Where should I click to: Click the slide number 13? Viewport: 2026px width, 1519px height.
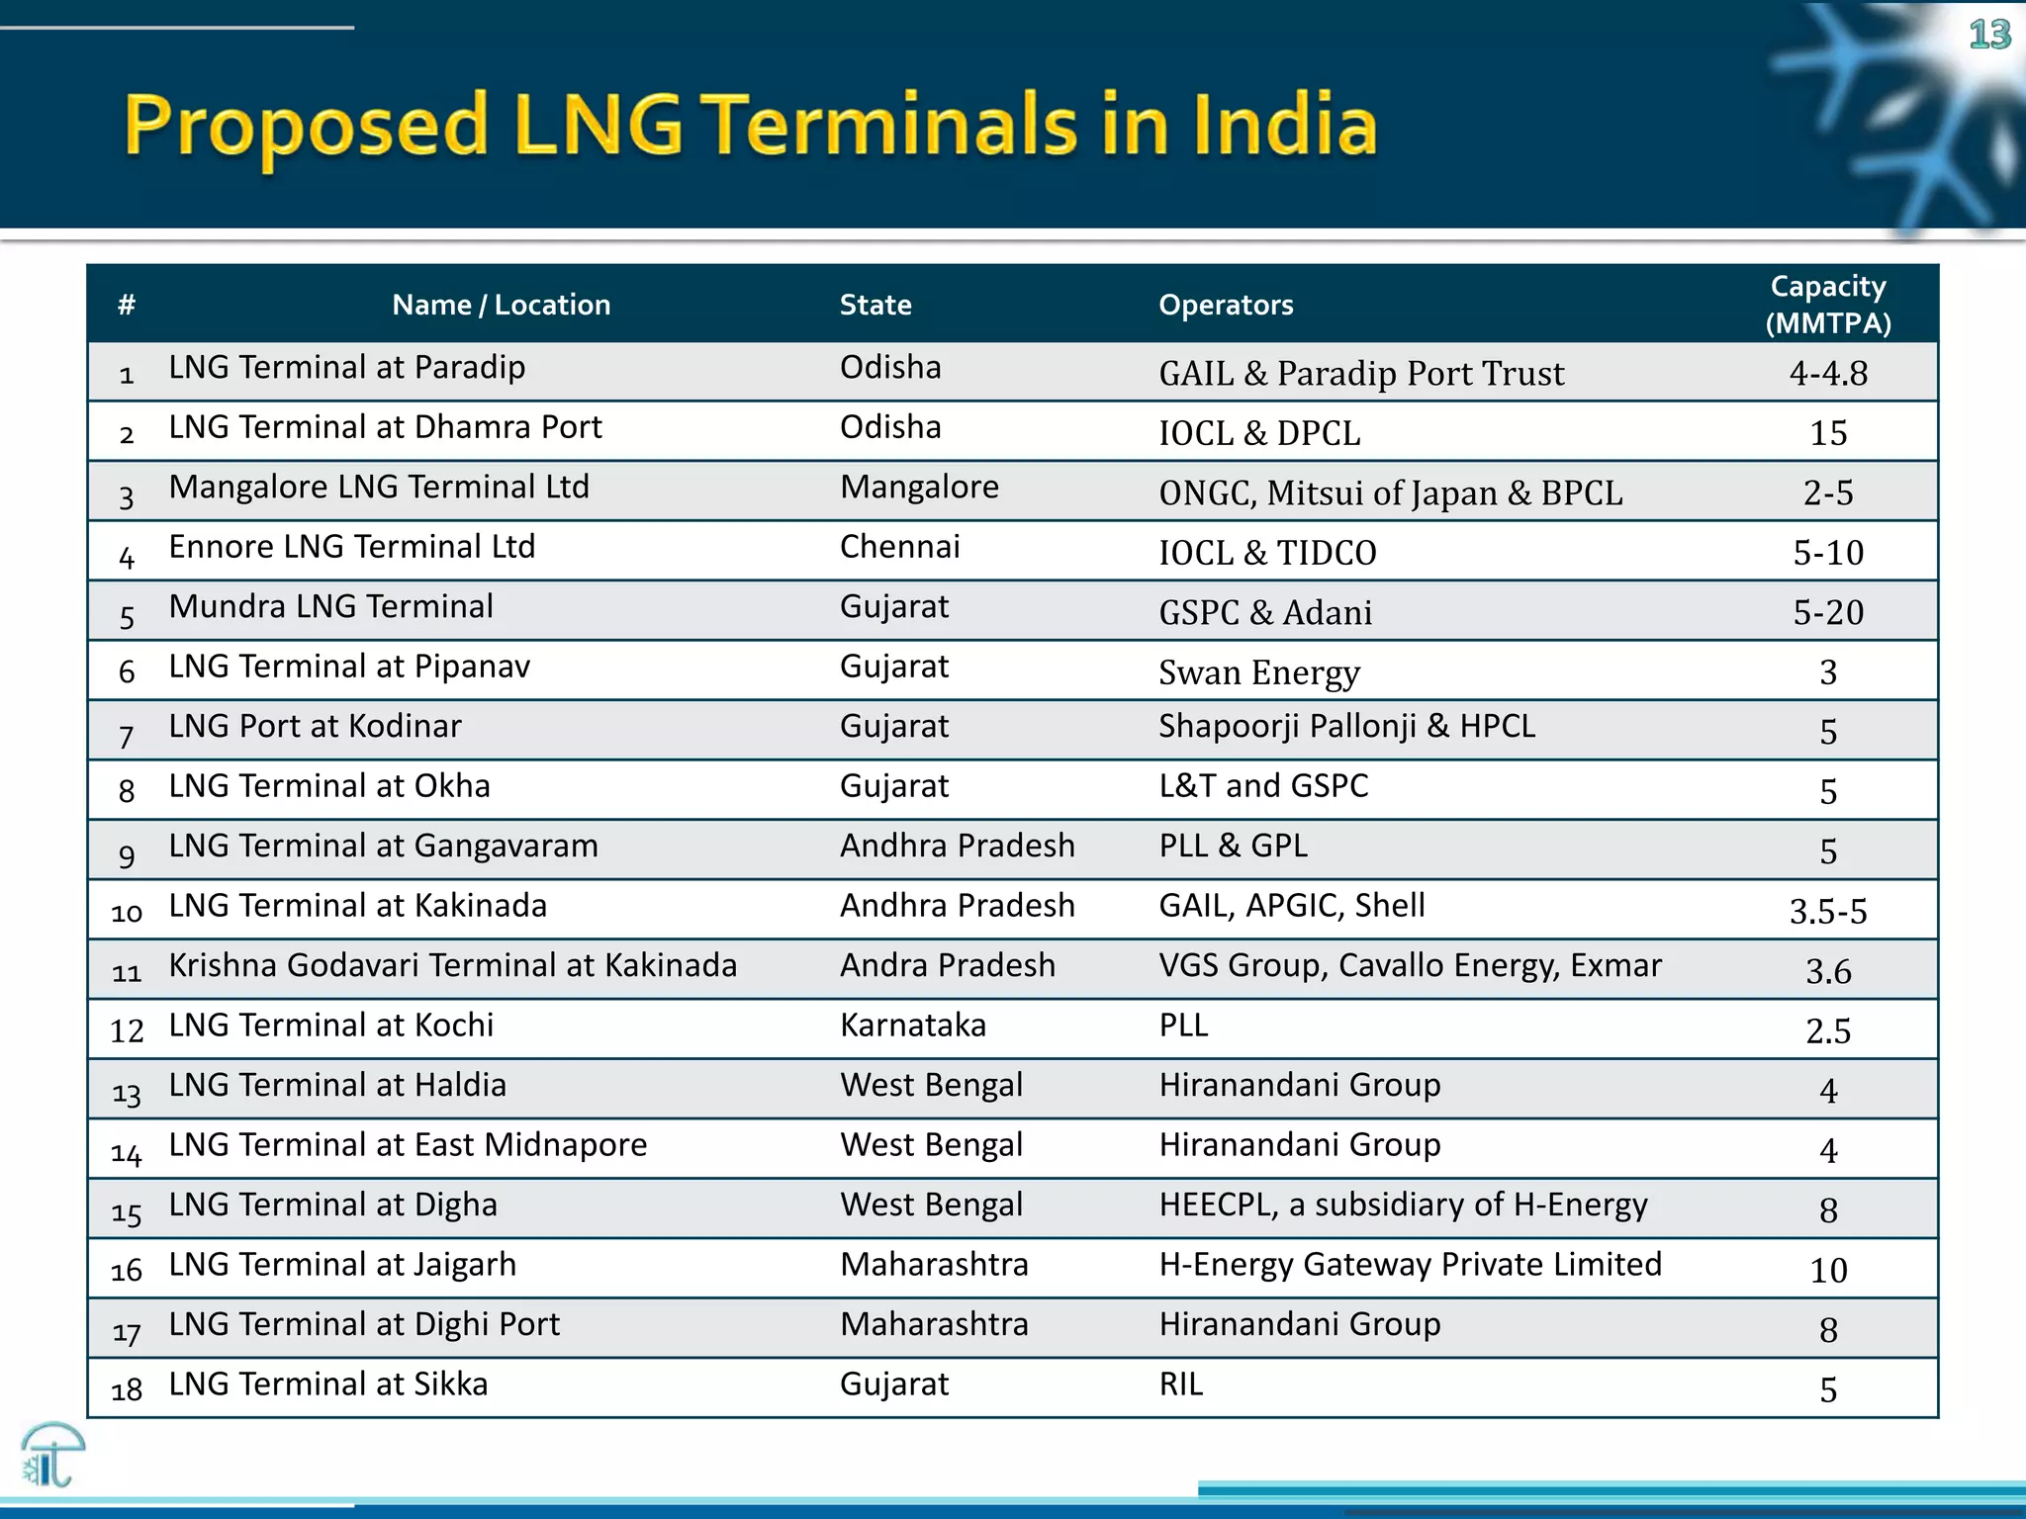[1989, 36]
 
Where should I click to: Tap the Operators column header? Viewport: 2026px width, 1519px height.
[1225, 305]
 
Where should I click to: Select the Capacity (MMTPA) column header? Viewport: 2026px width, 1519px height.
[1827, 305]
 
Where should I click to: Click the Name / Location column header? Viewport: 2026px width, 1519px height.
[501, 305]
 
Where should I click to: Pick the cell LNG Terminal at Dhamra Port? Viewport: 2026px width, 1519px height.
[385, 427]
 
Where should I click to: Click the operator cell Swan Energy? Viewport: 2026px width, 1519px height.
[1258, 672]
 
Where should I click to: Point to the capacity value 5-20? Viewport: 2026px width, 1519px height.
[1827, 612]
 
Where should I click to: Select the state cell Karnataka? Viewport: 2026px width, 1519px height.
[912, 1026]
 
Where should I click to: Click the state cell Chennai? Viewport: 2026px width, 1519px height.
[899, 547]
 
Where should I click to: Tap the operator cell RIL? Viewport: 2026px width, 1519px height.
[1180, 1385]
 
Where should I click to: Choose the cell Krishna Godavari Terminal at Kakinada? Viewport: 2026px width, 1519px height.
[452, 965]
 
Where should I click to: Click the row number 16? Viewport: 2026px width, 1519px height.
[127, 1271]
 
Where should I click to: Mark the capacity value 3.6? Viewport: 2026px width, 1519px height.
[1827, 971]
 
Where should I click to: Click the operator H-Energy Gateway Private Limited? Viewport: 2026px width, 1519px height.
[1410, 1265]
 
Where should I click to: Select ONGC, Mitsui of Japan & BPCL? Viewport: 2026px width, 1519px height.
[1390, 492]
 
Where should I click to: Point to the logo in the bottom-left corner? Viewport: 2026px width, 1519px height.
[51, 1455]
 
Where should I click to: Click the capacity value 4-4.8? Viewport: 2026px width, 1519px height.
[1827, 373]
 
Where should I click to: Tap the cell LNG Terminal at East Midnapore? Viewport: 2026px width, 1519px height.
[408, 1145]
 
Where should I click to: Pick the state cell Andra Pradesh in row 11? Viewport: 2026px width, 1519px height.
[947, 965]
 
